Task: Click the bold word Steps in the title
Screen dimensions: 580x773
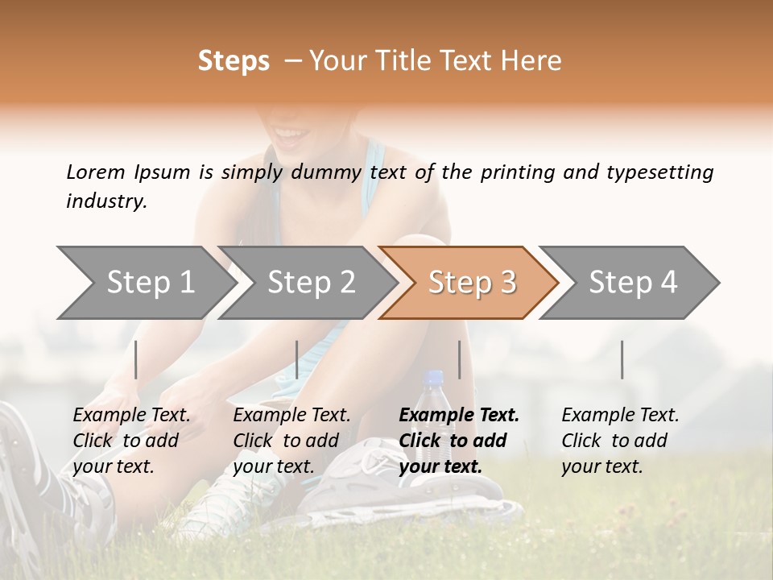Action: (x=234, y=61)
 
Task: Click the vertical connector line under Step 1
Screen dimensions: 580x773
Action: (x=136, y=359)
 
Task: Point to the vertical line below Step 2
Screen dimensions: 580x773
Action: (x=297, y=359)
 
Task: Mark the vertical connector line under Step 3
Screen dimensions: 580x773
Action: (x=459, y=359)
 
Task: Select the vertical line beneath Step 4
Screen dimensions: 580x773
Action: (x=622, y=359)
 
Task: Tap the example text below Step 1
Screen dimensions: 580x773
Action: (x=131, y=441)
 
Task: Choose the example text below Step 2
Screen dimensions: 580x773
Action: (x=291, y=441)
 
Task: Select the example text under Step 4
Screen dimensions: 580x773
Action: (x=620, y=441)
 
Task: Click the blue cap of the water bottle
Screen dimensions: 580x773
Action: (x=435, y=376)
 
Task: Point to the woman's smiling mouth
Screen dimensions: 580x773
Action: (x=288, y=133)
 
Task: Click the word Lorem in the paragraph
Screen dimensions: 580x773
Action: (x=96, y=172)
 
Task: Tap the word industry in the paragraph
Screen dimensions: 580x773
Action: (x=105, y=201)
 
